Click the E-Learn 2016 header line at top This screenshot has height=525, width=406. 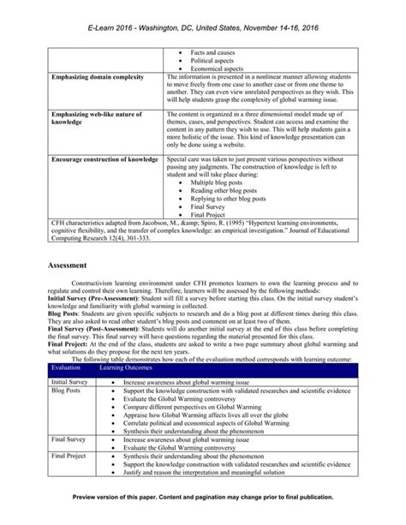pyautogui.click(x=203, y=27)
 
